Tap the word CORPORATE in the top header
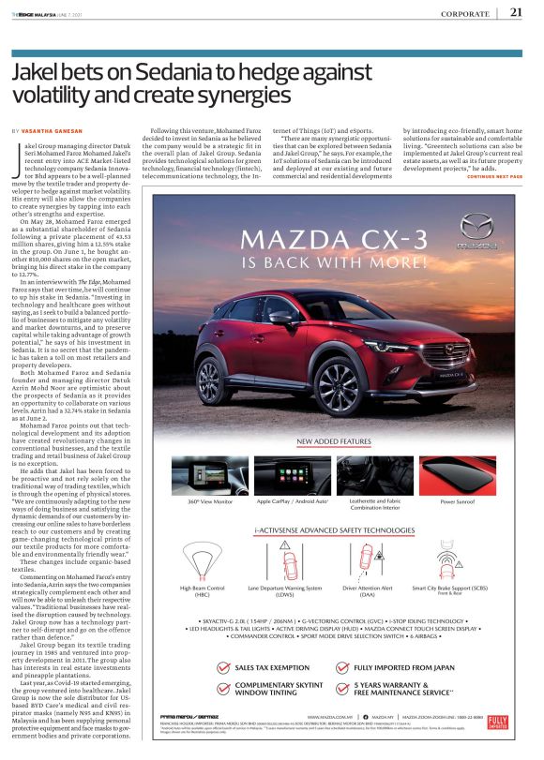coord(464,13)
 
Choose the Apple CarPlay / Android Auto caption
coord(291,502)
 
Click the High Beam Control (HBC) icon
coord(202,557)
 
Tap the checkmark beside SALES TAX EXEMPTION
coord(222,668)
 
